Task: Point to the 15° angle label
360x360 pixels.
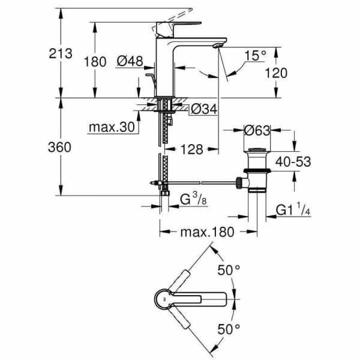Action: pos(255,56)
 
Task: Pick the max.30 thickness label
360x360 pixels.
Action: pos(112,127)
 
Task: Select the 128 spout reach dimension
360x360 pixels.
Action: pos(190,148)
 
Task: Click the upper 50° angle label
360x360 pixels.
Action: pos(228,271)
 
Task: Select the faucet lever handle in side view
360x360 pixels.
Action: pos(174,27)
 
